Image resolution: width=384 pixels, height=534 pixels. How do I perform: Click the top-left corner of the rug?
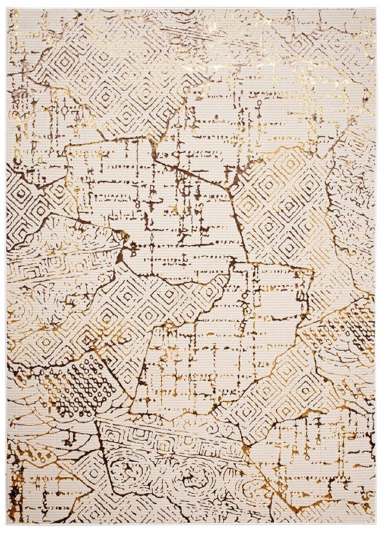tap(7, 8)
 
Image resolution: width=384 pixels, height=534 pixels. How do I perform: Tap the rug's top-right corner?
tap(375, 8)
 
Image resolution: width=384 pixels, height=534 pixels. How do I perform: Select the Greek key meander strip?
tap(165, 440)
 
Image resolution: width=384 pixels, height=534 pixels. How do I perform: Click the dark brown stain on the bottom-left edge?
tap(14, 492)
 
